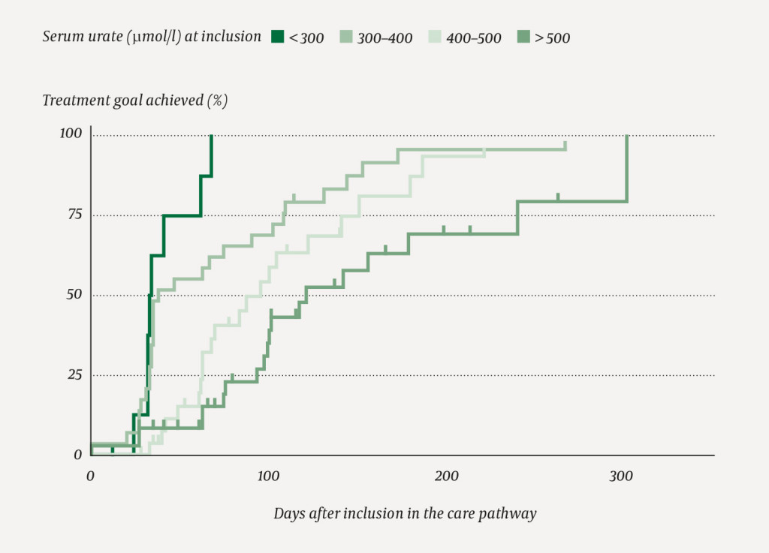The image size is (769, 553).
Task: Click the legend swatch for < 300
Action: [278, 36]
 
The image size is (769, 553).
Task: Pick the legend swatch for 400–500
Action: [435, 36]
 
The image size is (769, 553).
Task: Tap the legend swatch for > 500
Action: [523, 36]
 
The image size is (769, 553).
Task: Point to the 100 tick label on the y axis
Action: [71, 134]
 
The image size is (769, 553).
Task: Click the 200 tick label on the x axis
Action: [446, 475]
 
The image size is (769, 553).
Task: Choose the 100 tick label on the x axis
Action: [268, 475]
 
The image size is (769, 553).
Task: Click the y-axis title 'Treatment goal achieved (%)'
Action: [134, 101]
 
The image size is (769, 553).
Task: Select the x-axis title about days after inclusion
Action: [405, 514]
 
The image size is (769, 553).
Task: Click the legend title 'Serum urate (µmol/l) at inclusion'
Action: [152, 37]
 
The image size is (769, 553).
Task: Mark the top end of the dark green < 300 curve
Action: [212, 136]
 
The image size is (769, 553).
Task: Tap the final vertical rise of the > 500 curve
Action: [626, 169]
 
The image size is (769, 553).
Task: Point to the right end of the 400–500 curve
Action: [484, 150]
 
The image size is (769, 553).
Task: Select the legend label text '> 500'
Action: [552, 37]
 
